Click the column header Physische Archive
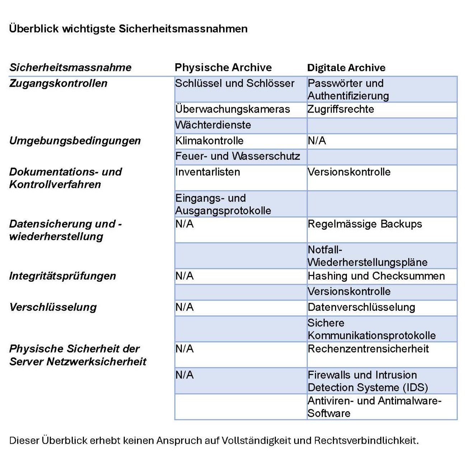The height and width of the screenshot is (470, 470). (x=223, y=67)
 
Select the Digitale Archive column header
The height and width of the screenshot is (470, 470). (x=346, y=67)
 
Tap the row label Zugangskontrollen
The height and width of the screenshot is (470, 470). (x=58, y=83)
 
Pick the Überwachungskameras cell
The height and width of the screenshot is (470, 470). (x=232, y=109)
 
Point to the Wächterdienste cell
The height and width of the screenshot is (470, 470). (x=213, y=125)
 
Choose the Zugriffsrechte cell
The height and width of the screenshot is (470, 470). (x=341, y=109)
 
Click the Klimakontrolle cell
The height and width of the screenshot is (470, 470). (x=210, y=141)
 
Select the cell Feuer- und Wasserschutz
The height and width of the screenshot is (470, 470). (x=238, y=156)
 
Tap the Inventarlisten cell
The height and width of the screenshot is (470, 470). (x=208, y=172)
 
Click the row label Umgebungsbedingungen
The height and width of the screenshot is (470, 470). (x=75, y=141)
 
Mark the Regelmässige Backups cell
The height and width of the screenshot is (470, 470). (x=365, y=224)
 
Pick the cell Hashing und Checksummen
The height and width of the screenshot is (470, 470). (x=376, y=276)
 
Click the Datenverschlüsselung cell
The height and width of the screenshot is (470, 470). (x=361, y=307)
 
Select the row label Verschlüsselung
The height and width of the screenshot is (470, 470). (x=53, y=307)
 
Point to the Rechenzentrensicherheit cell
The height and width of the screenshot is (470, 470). (x=368, y=349)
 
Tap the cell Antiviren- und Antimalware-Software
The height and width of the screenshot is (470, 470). (x=374, y=407)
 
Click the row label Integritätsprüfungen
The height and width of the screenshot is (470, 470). (x=62, y=276)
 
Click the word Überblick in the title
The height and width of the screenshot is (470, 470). (x=34, y=29)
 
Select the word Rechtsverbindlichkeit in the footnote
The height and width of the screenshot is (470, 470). (x=366, y=440)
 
